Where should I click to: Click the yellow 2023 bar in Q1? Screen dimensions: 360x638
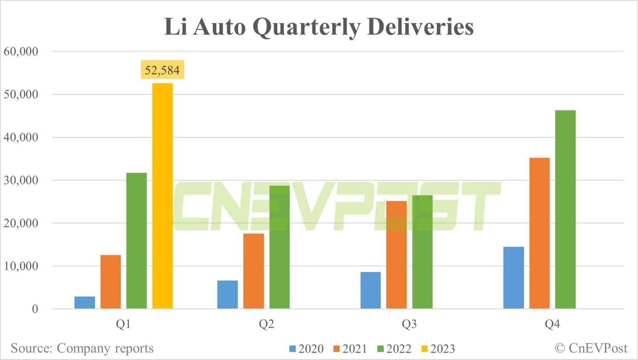[x=162, y=196]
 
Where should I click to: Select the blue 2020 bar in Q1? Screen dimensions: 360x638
[x=85, y=303]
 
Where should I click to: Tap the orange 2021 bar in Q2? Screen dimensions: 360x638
[x=253, y=271]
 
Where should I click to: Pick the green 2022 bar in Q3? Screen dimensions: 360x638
[x=422, y=252]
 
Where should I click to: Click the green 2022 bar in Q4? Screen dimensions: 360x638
[x=565, y=209]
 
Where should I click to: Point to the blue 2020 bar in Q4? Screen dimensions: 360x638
[x=513, y=277]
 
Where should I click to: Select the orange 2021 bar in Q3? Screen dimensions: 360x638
[x=396, y=254]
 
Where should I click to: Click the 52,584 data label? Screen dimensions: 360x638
[x=162, y=70]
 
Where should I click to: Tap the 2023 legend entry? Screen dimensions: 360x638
[x=438, y=349]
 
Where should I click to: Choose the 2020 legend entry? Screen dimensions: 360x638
[x=307, y=349]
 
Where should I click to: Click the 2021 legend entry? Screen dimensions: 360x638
[x=350, y=349]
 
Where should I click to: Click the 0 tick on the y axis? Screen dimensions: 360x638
[x=35, y=309]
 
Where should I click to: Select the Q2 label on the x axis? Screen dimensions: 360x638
[x=266, y=324]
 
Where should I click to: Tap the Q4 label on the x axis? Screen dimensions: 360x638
[x=552, y=324]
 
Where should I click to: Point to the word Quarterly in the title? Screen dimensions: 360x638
[x=306, y=27]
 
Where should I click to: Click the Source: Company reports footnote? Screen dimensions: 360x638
[x=82, y=348]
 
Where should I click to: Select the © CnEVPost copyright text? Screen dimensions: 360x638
[x=591, y=348]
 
